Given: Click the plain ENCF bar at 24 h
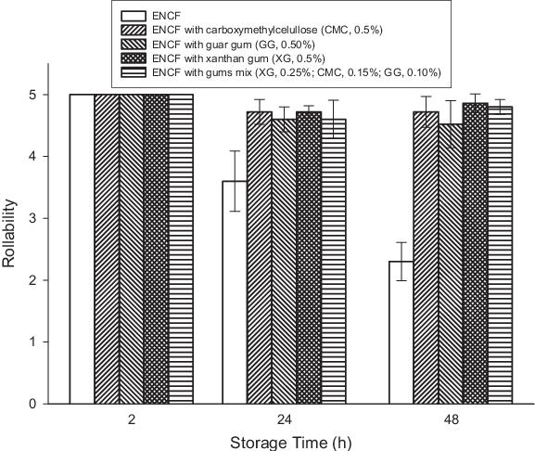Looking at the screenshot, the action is pyautogui.click(x=235, y=292).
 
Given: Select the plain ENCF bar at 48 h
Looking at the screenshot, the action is pyautogui.click(x=401, y=332).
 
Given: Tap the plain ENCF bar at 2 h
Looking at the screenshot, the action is pyautogui.click(x=82, y=249).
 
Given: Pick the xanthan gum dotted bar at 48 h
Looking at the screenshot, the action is pyautogui.click(x=476, y=253).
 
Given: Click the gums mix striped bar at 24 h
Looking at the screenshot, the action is pyautogui.click(x=334, y=262).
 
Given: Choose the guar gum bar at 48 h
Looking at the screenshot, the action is pyautogui.click(x=451, y=264).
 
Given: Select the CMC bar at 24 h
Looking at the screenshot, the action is pyautogui.click(x=260, y=258).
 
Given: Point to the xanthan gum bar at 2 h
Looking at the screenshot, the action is pyautogui.click(x=157, y=249).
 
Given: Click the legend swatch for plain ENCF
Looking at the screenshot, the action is pyautogui.click(x=134, y=16).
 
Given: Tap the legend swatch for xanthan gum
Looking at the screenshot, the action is pyautogui.click(x=134, y=58).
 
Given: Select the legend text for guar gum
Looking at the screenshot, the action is pyautogui.click(x=234, y=45).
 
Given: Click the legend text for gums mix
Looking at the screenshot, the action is pyautogui.click(x=297, y=72).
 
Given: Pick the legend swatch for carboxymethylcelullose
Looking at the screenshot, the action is pyautogui.click(x=134, y=30).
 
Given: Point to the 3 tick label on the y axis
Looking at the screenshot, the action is pyautogui.click(x=32, y=218).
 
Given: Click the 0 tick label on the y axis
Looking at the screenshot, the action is pyautogui.click(x=32, y=404).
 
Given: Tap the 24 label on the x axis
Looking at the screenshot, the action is pyautogui.click(x=285, y=419).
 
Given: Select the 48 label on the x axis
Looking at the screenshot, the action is pyautogui.click(x=451, y=419).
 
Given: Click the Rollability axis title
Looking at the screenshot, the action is pyautogui.click(x=8, y=233).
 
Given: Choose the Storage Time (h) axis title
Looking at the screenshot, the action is pyautogui.click(x=291, y=443).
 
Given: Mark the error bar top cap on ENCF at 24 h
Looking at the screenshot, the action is pyautogui.click(x=235, y=150).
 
